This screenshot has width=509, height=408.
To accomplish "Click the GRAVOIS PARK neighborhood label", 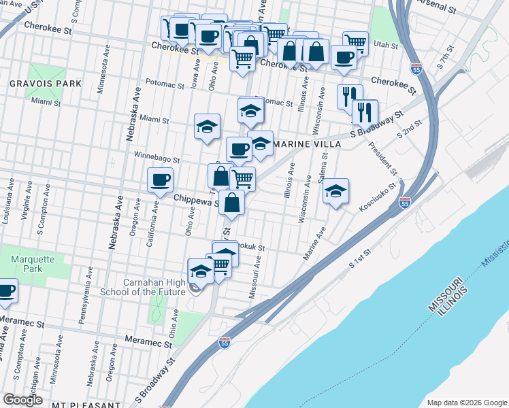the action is [x=46, y=84].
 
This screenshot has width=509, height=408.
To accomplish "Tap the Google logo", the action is [x=23, y=399].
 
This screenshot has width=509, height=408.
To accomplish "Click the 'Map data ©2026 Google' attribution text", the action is [x=466, y=402].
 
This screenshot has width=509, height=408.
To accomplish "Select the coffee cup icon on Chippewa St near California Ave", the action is [x=160, y=180].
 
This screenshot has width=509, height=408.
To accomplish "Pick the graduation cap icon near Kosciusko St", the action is [x=335, y=191].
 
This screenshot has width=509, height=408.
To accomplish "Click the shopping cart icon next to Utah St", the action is [x=355, y=43].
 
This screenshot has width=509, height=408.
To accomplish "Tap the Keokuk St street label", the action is [x=250, y=249].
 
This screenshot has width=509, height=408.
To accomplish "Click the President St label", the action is [x=382, y=157].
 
